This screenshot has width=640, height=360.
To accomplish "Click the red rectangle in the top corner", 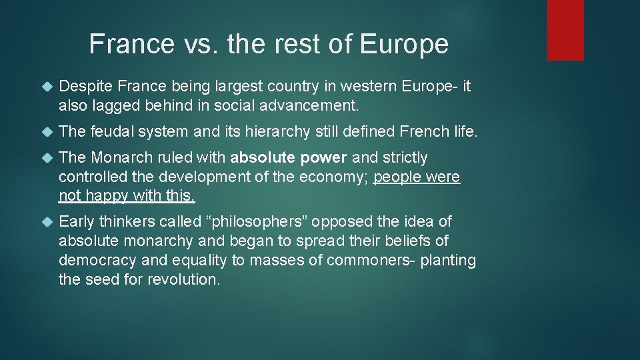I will [x=565, y=30].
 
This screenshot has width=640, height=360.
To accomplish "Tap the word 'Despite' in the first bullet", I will [x=85, y=86].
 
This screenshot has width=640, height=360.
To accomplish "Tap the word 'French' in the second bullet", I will [x=417, y=132].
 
